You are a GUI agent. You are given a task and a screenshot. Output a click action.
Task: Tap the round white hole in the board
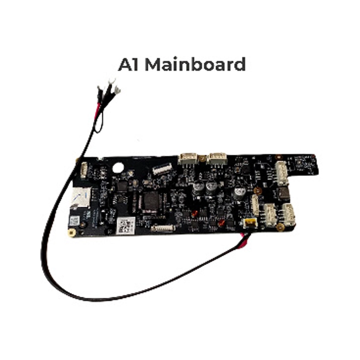tap(118, 168)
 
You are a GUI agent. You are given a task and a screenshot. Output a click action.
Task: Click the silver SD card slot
tap(81, 198)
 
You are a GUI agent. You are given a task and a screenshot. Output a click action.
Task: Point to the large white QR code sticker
tap(126, 225)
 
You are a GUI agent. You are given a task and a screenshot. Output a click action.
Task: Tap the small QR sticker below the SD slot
tap(74, 221)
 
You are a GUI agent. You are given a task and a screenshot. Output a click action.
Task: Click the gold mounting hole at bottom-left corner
tap(72, 233)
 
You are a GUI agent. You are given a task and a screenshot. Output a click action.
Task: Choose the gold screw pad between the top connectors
tap(202, 158)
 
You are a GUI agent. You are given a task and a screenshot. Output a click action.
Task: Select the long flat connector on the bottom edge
tap(163, 228)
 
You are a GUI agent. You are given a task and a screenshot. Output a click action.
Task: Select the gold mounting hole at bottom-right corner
tap(280, 227)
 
